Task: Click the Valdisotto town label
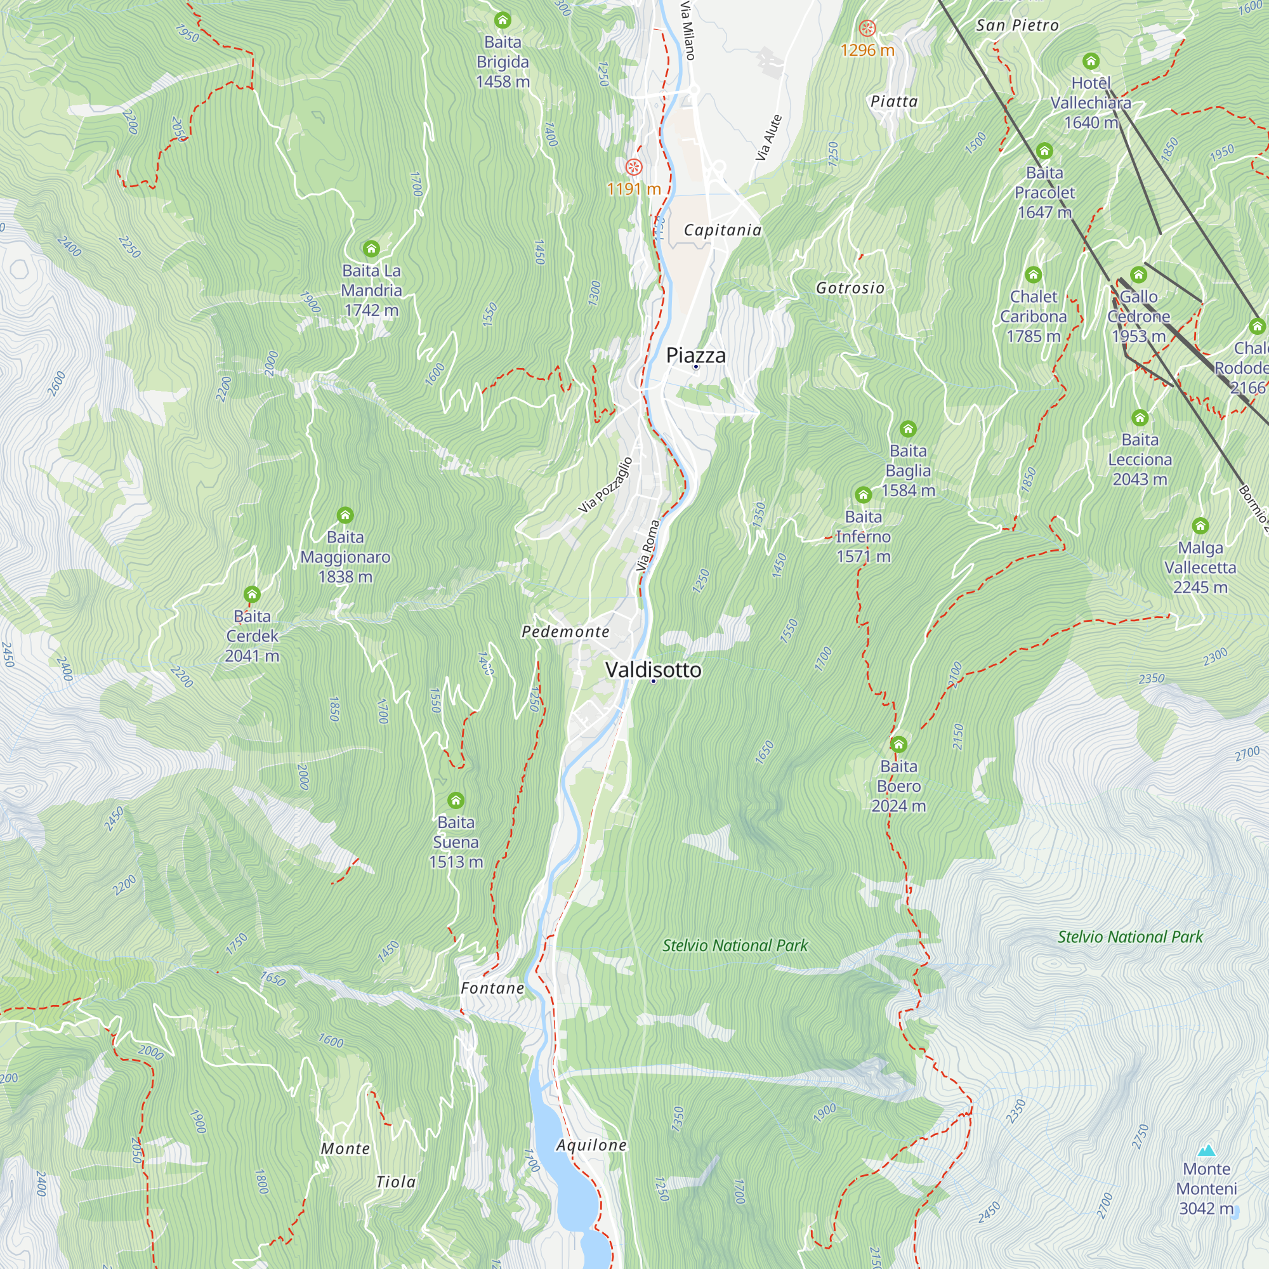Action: (x=653, y=670)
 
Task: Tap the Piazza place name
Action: (x=695, y=355)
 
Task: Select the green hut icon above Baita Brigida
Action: (x=503, y=20)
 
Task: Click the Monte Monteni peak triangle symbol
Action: (x=1206, y=1150)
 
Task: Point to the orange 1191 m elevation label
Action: (x=633, y=189)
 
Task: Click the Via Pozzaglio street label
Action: (x=605, y=485)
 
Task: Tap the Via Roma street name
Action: (x=648, y=545)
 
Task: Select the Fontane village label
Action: (x=492, y=989)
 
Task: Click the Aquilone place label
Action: (x=591, y=1145)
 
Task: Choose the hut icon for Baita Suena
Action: (x=456, y=801)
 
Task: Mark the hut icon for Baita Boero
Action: (x=898, y=745)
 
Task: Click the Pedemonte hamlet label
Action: (x=565, y=632)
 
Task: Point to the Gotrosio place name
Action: (x=850, y=288)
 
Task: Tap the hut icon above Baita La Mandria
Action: (x=371, y=249)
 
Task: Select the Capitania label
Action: (x=723, y=230)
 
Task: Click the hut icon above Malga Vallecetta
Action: (x=1200, y=526)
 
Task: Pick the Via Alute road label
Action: (x=768, y=138)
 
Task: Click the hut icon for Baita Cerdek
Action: (x=253, y=595)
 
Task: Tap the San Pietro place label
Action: (x=1016, y=25)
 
